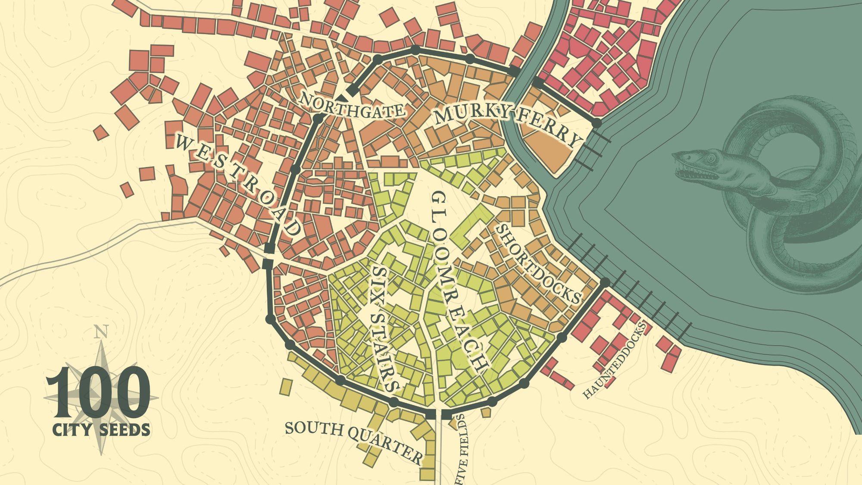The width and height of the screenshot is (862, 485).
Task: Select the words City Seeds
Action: tap(101, 429)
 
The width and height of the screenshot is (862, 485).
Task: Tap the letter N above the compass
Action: tap(101, 332)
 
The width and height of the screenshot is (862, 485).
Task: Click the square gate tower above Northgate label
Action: tap(353, 91)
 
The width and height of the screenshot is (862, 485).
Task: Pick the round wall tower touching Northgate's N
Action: tap(318, 118)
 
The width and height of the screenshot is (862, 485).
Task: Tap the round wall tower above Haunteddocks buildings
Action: tap(605, 282)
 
